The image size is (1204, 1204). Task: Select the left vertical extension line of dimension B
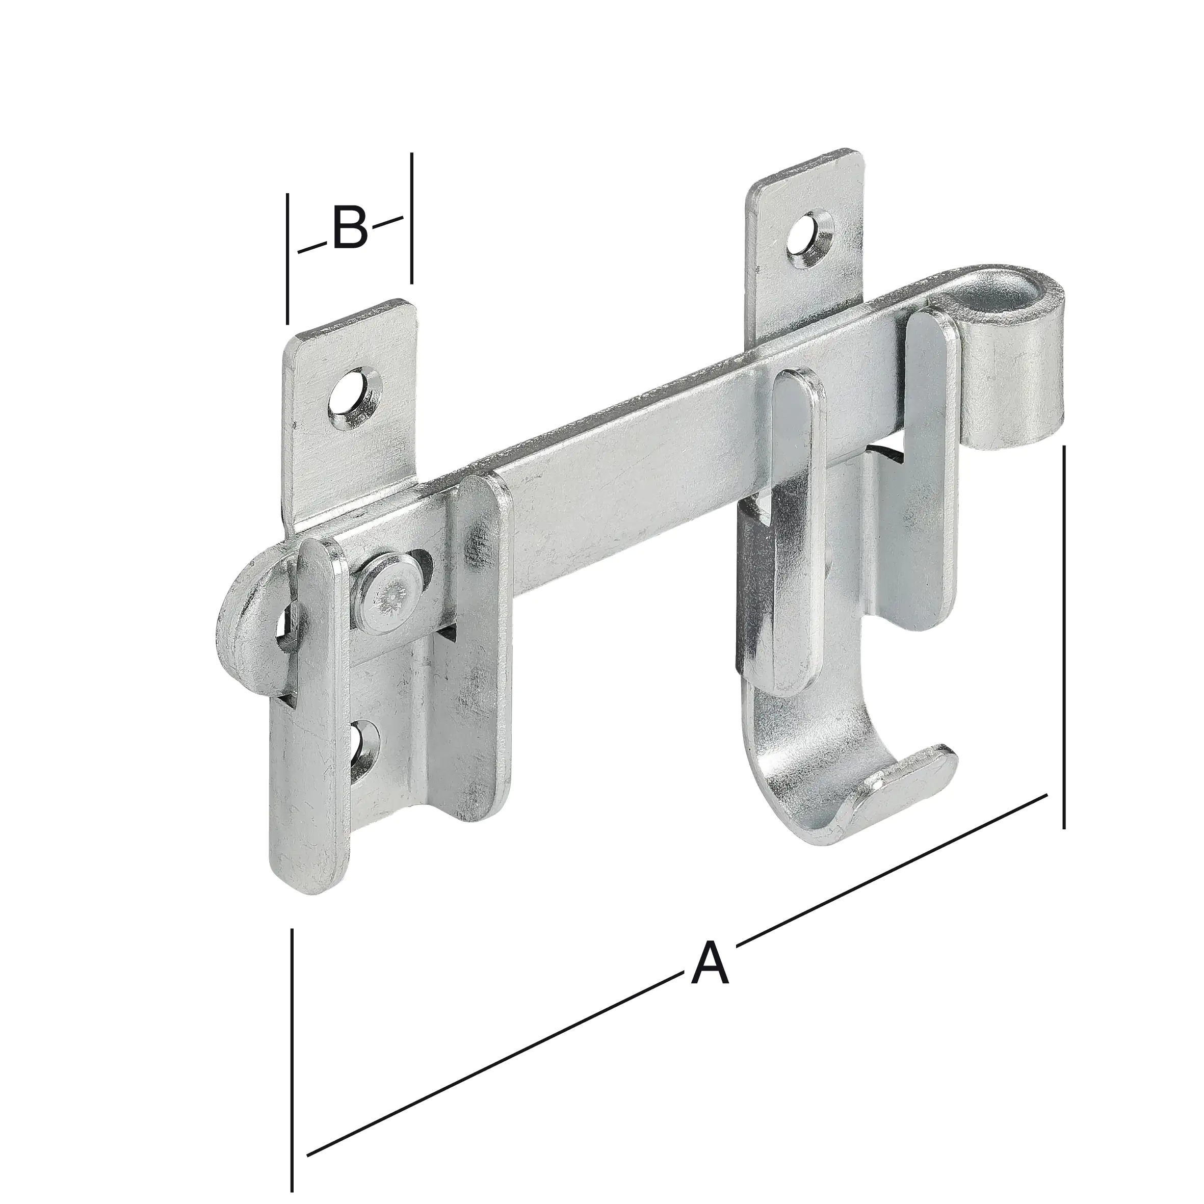[x=287, y=258]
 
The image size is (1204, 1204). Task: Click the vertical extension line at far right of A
[x=1064, y=636]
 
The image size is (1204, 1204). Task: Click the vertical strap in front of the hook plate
[x=795, y=530]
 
